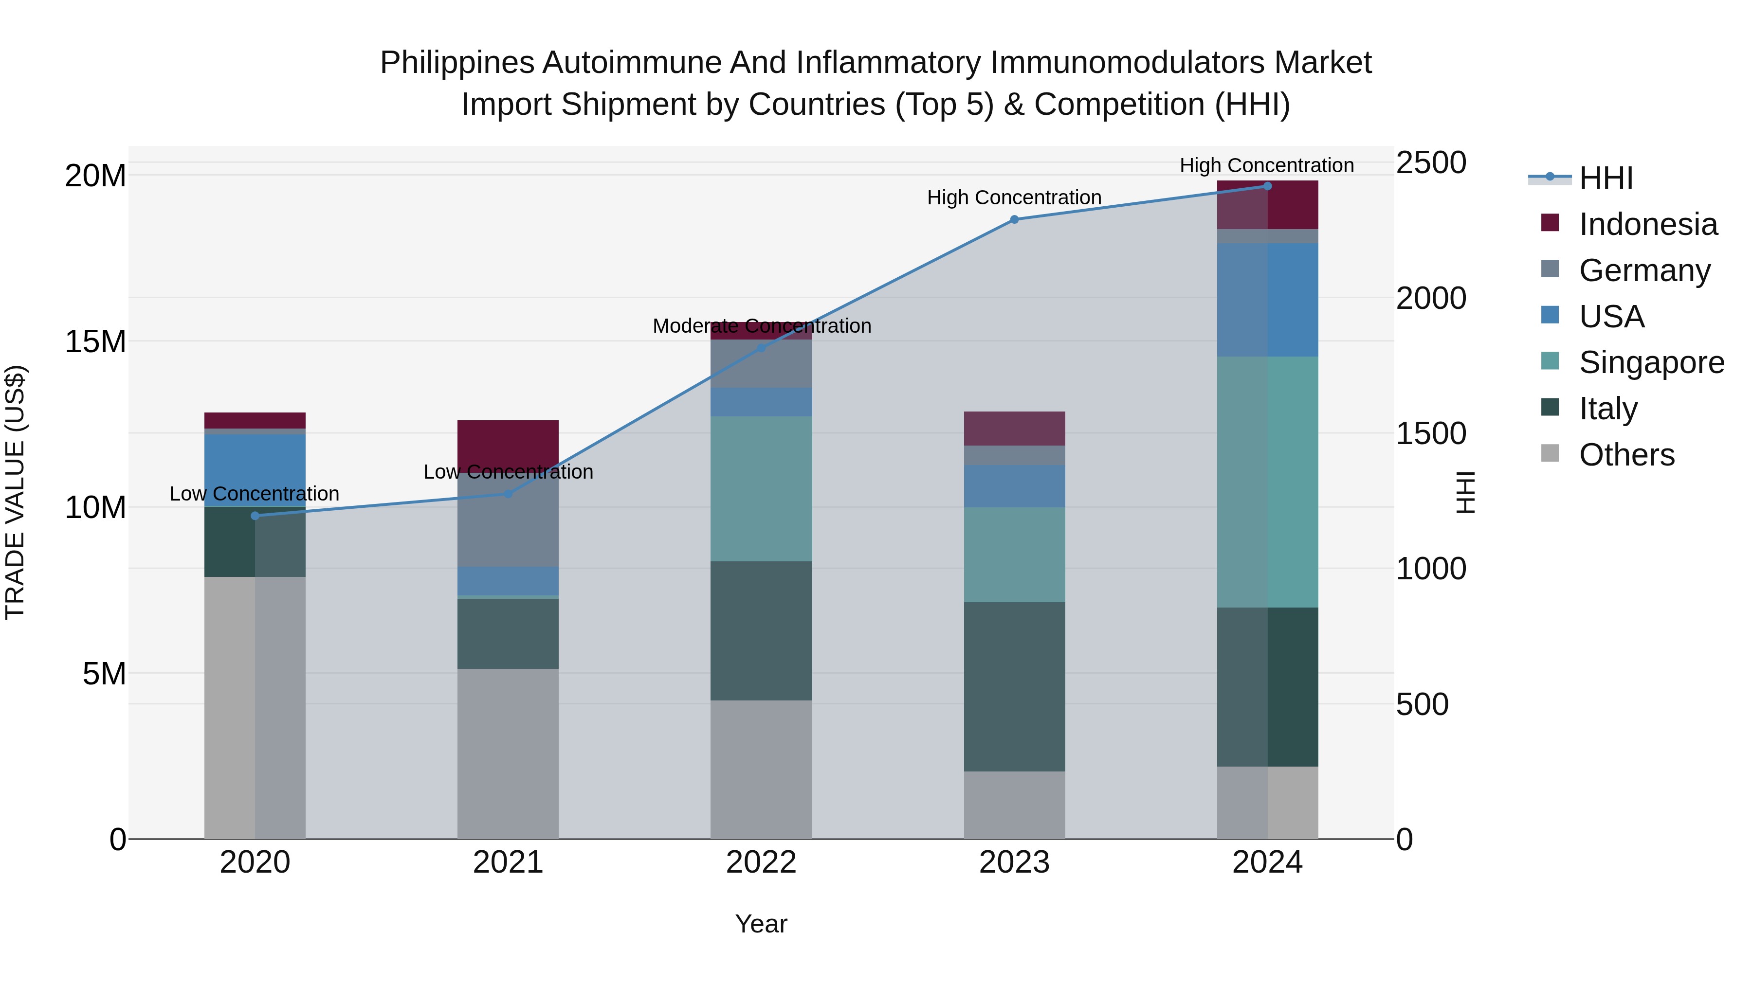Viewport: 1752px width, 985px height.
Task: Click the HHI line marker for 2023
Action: tap(1014, 219)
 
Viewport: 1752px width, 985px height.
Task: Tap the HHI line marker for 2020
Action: tap(255, 516)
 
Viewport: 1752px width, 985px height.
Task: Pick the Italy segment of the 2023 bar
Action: tap(1014, 686)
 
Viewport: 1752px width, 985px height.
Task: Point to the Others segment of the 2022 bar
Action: tap(761, 770)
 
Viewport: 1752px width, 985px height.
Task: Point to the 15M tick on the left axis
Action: tap(95, 342)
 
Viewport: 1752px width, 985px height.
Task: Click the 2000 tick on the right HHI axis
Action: tap(1431, 299)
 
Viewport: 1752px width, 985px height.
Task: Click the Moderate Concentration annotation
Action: tap(761, 326)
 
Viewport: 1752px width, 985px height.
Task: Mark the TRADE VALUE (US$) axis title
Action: tap(15, 492)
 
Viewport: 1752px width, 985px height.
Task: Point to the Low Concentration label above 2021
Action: tap(508, 472)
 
